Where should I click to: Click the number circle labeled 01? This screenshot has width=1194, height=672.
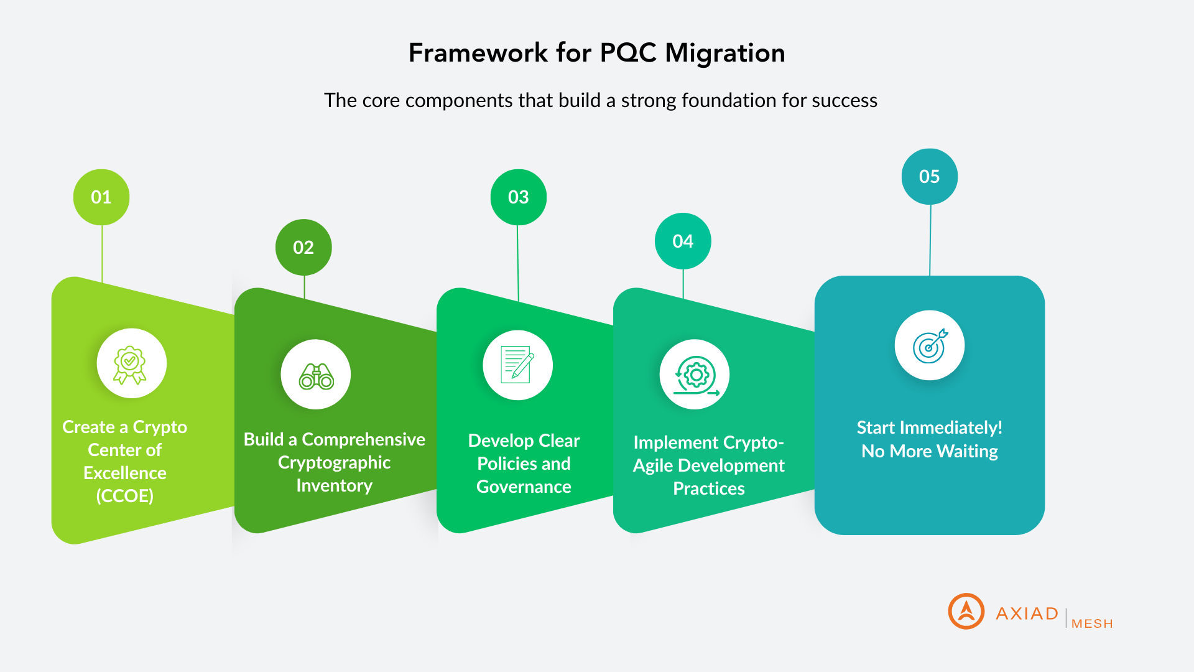(101, 197)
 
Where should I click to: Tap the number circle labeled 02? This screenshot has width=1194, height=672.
(303, 247)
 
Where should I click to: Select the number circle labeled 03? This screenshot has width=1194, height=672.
(519, 197)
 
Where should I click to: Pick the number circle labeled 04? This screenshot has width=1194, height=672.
(683, 241)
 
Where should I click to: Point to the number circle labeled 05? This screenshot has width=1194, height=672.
(930, 177)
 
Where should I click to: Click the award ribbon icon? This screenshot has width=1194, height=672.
(130, 365)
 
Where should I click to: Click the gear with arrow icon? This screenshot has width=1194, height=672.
(696, 376)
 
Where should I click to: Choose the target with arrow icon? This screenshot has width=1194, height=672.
(930, 346)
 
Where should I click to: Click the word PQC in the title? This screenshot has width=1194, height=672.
(629, 53)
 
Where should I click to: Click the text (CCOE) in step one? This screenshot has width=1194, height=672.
(125, 496)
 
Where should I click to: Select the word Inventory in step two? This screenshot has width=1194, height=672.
(335, 485)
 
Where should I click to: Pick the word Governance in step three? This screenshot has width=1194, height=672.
(524, 487)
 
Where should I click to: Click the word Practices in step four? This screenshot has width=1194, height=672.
(709, 488)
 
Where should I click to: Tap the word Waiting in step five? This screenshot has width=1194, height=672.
(967, 451)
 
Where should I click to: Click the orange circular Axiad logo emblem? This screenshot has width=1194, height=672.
(966, 611)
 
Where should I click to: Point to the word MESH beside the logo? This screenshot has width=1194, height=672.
(1092, 623)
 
